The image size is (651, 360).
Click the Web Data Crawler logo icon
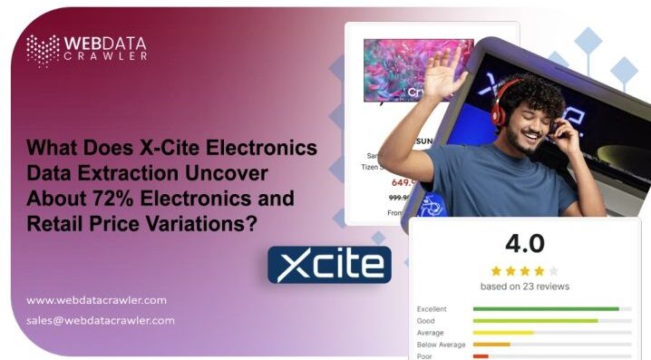click(43, 50)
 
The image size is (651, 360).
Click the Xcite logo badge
click(329, 265)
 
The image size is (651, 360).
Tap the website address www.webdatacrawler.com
click(96, 300)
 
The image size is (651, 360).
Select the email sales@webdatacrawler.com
click(101, 320)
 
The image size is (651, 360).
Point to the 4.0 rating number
click(524, 243)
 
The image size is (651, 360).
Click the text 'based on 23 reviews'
click(524, 286)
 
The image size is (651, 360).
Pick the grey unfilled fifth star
click(554, 270)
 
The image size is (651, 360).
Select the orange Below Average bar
click(491, 344)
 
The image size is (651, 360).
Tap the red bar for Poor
click(481, 355)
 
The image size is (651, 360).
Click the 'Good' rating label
click(426, 321)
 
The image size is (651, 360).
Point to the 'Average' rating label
click(431, 333)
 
